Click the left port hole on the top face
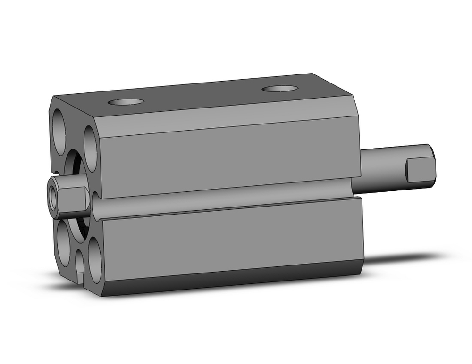[125, 102]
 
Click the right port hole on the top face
[280, 88]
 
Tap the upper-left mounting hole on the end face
[59, 132]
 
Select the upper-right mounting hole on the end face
[91, 149]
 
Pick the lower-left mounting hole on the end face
[64, 245]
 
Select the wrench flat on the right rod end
[420, 171]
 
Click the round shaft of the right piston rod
[382, 170]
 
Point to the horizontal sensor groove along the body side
[227, 197]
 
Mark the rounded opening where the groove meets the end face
[95, 206]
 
